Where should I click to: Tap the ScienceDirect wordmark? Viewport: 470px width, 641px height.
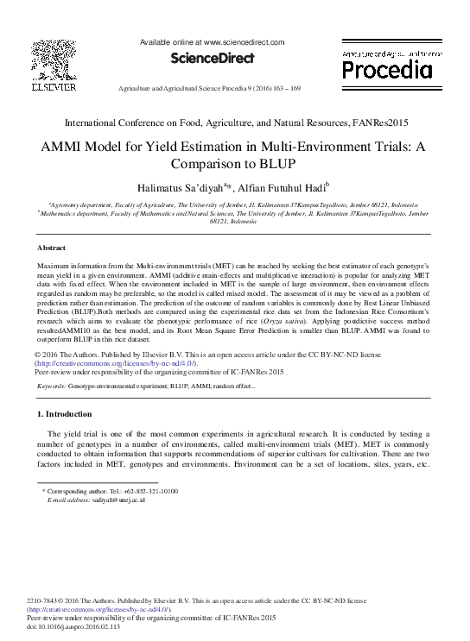(x=212, y=59)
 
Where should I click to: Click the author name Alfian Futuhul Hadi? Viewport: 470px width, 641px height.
(x=281, y=186)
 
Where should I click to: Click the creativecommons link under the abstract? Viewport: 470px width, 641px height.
(x=116, y=363)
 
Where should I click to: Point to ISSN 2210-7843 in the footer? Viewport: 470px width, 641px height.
(x=45, y=600)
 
